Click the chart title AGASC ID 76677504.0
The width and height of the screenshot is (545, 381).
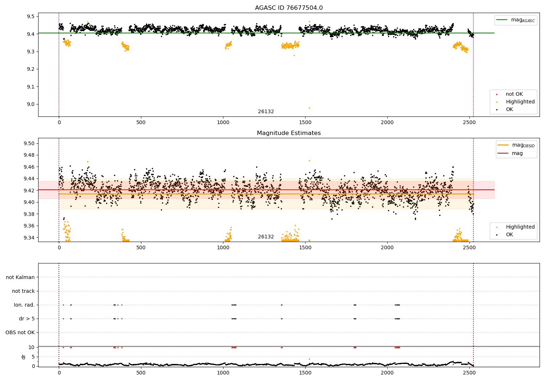pyautogui.click(x=288, y=8)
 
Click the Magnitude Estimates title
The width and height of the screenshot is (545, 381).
pyautogui.click(x=288, y=133)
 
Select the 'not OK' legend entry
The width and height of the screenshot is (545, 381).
pyautogui.click(x=514, y=94)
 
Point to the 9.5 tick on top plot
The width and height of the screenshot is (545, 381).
pyautogui.click(x=30, y=16)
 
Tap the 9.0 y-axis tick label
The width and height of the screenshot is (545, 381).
pyautogui.click(x=30, y=104)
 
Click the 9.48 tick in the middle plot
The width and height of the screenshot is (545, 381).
pyautogui.click(x=29, y=155)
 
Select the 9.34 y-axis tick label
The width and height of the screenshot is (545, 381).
pyautogui.click(x=29, y=238)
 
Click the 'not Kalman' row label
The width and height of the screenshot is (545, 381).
pyautogui.click(x=20, y=277)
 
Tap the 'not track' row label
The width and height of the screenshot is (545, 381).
pyautogui.click(x=23, y=291)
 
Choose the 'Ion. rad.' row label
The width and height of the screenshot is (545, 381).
pyautogui.click(x=24, y=305)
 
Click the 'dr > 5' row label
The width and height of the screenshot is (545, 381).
pyautogui.click(x=27, y=319)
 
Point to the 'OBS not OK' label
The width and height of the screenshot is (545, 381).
pyautogui.click(x=20, y=332)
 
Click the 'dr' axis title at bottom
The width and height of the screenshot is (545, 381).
pyautogui.click(x=24, y=357)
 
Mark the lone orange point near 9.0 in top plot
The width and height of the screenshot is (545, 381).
pyautogui.click(x=309, y=108)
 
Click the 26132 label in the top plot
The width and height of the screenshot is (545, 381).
pyautogui.click(x=266, y=112)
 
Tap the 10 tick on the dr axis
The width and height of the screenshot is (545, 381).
pyautogui.click(x=32, y=347)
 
